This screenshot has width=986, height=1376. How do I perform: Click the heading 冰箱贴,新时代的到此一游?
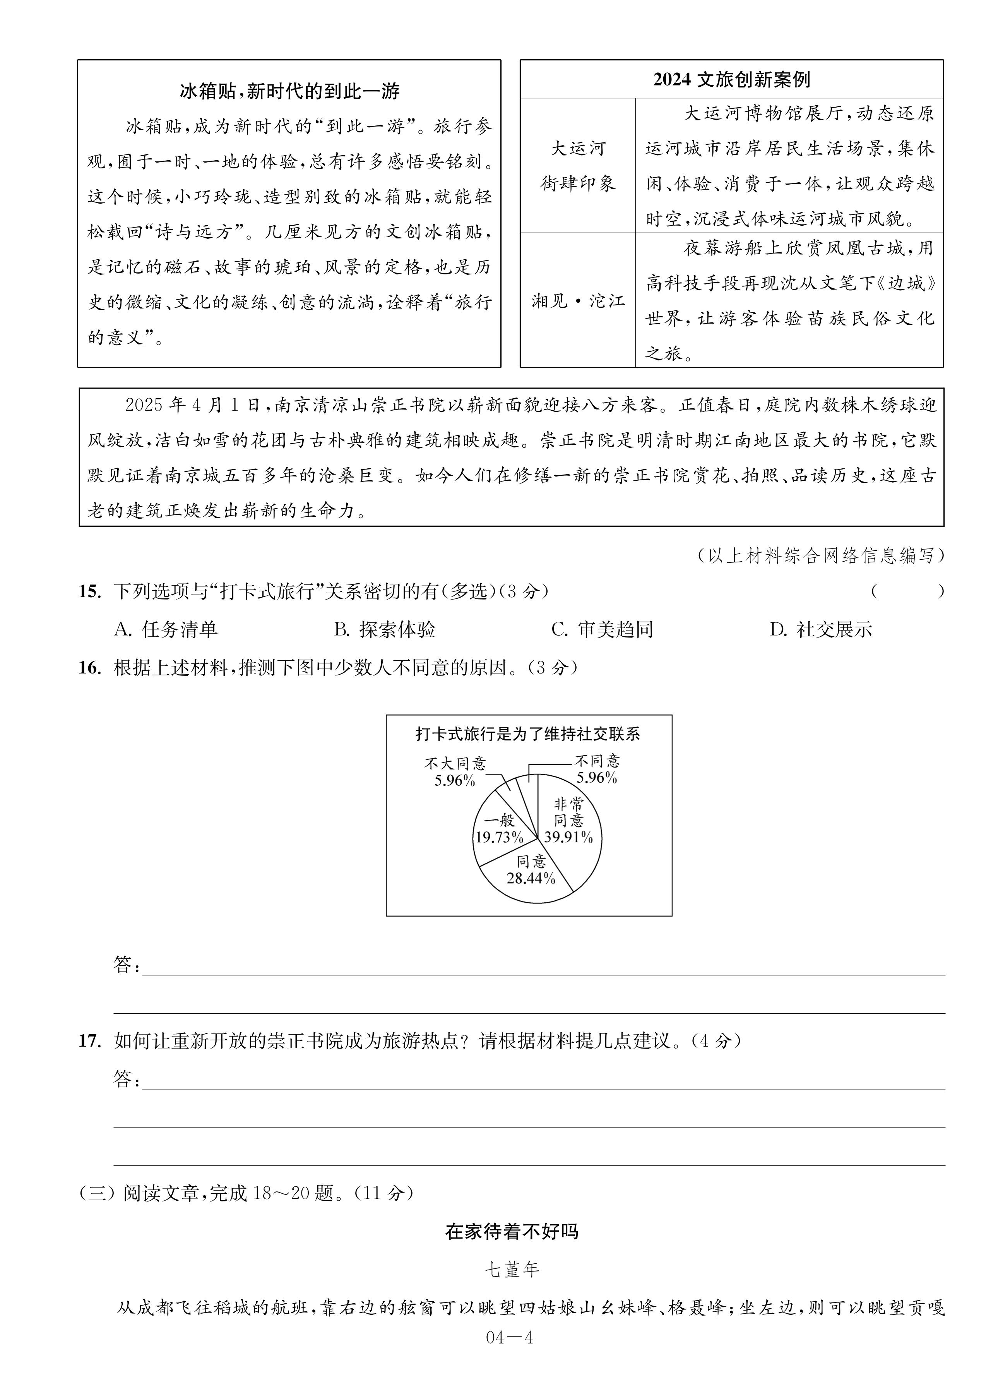pos(289,92)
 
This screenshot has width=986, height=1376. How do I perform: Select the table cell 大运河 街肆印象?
pos(577,166)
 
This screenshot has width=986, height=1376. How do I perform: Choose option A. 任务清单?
pos(166,630)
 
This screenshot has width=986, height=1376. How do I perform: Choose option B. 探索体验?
pos(385,630)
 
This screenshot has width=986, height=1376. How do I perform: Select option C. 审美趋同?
pos(602,630)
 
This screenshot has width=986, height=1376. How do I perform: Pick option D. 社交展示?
pos(820,630)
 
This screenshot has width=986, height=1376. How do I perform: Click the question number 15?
pos(89,591)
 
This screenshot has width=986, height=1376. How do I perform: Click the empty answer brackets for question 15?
pos(907,591)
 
